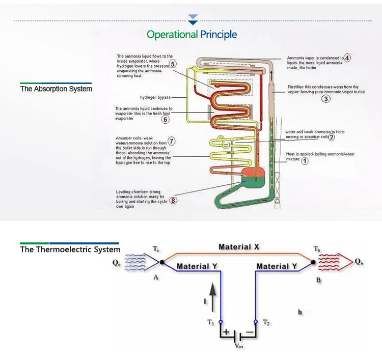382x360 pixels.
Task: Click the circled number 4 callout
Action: click(x=347, y=58)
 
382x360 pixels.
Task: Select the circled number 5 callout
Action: click(x=173, y=64)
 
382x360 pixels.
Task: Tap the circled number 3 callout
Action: click(x=325, y=99)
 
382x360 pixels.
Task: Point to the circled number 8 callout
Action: click(x=173, y=200)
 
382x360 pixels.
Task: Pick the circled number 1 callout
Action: click(x=305, y=161)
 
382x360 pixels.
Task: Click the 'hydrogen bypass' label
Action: click(x=155, y=97)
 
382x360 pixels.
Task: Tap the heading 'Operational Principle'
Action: click(x=192, y=35)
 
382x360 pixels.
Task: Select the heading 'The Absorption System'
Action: click(x=56, y=89)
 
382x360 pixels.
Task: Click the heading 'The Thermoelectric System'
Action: click(x=70, y=250)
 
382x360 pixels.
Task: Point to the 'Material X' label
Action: click(x=239, y=247)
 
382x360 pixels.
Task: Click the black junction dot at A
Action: click(x=162, y=262)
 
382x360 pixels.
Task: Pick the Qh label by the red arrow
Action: click(x=360, y=262)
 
